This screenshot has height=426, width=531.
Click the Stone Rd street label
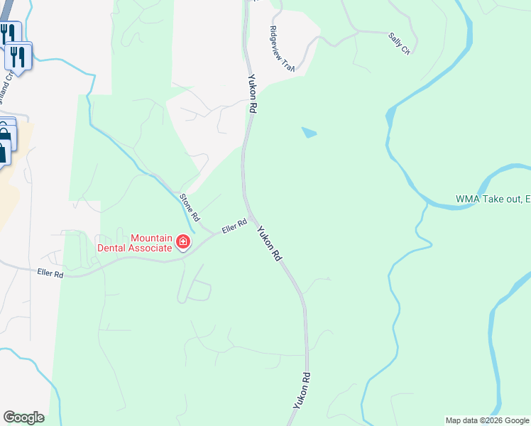[x=189, y=206]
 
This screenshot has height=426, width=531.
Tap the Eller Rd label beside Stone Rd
[x=234, y=226]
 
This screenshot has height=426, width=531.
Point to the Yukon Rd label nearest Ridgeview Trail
[x=251, y=94]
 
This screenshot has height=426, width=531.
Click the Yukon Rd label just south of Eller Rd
[x=269, y=244]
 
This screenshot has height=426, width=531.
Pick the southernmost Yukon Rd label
[x=302, y=390]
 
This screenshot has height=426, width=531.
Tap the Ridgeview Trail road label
[x=282, y=48]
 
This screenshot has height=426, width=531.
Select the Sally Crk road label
[x=400, y=43]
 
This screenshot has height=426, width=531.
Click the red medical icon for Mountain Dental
[x=183, y=243]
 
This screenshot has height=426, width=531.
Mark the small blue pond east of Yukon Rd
[x=309, y=132]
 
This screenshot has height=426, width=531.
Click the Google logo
[x=23, y=417]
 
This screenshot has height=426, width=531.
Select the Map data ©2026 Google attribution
[x=487, y=420]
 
